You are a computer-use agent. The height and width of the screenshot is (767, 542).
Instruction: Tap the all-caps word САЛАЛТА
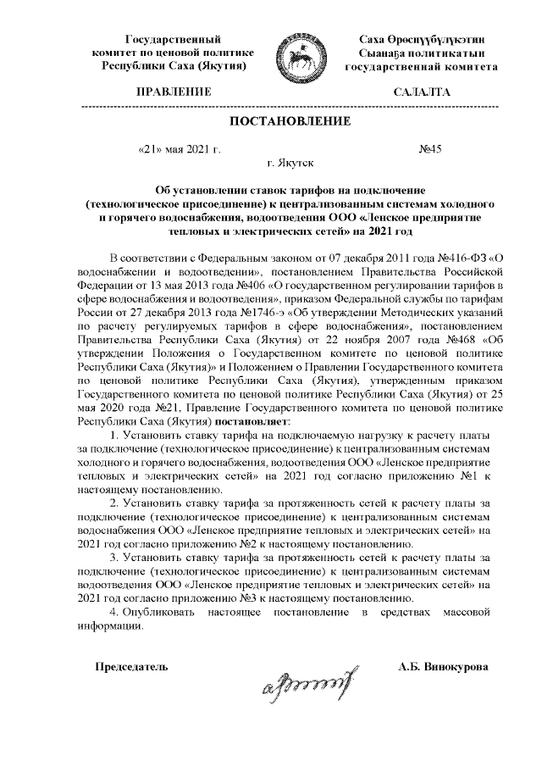click(423, 92)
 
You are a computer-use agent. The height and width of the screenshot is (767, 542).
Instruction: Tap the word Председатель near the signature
click(131, 667)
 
